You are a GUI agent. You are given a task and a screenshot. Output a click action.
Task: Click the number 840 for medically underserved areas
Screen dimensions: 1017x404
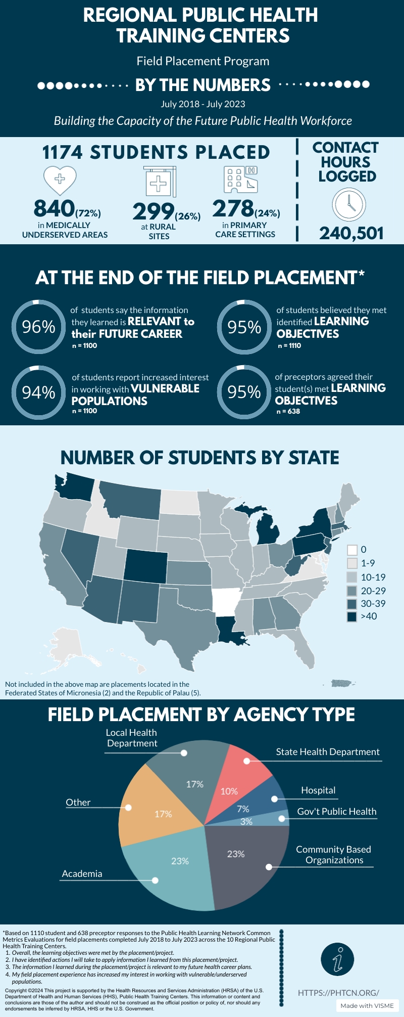54,208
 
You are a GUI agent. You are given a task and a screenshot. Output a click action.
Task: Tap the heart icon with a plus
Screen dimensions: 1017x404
60,180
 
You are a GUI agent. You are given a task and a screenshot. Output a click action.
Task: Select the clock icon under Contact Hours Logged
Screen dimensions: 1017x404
349,204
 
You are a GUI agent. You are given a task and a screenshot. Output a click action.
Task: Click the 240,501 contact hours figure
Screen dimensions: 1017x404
351,233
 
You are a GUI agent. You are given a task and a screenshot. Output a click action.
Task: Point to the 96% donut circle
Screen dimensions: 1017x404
38,327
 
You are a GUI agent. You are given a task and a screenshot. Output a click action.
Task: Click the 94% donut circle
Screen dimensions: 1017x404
38,392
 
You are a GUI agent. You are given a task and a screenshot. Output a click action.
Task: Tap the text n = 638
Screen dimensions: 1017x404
288,411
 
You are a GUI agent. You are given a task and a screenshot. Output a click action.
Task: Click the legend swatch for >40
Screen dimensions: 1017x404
352,616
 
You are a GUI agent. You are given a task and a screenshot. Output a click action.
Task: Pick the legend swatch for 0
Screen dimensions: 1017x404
352,549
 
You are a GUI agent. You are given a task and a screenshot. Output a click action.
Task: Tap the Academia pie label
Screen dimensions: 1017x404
82,873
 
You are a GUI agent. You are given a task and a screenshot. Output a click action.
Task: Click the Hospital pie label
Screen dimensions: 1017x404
318,790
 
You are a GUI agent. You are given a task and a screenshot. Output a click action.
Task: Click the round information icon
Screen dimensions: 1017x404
337,959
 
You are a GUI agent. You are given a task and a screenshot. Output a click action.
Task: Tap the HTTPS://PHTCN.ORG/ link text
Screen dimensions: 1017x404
338,992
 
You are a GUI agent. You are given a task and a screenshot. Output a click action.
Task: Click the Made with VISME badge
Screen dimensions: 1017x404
367,1005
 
